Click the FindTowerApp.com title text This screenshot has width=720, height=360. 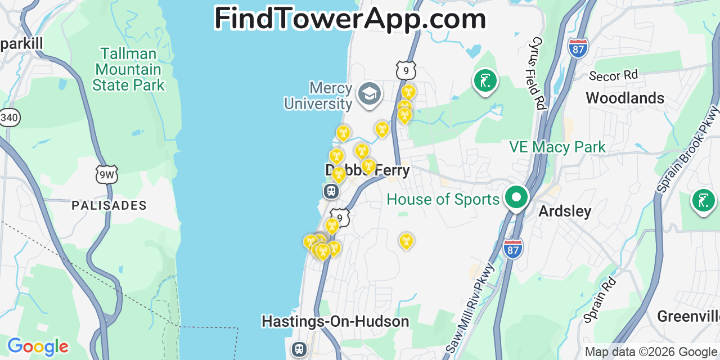[350, 19]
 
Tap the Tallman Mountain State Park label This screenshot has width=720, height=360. [128, 70]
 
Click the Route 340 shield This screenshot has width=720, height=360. [9, 117]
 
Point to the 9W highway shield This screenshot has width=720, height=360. [107, 174]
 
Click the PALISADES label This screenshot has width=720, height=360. [109, 205]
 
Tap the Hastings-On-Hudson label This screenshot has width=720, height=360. [335, 322]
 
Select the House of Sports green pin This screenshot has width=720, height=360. [516, 198]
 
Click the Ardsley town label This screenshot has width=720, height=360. [565, 211]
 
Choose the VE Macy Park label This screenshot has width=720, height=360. [557, 147]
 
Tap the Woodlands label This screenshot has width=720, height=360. [625, 98]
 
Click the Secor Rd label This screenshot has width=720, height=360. [613, 75]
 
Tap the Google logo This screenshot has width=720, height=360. [38, 346]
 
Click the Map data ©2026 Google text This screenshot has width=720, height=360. [651, 352]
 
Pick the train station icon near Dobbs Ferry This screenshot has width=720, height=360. [331, 191]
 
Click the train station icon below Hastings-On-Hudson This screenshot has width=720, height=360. [299, 349]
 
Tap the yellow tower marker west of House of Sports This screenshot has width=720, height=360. [406, 241]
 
